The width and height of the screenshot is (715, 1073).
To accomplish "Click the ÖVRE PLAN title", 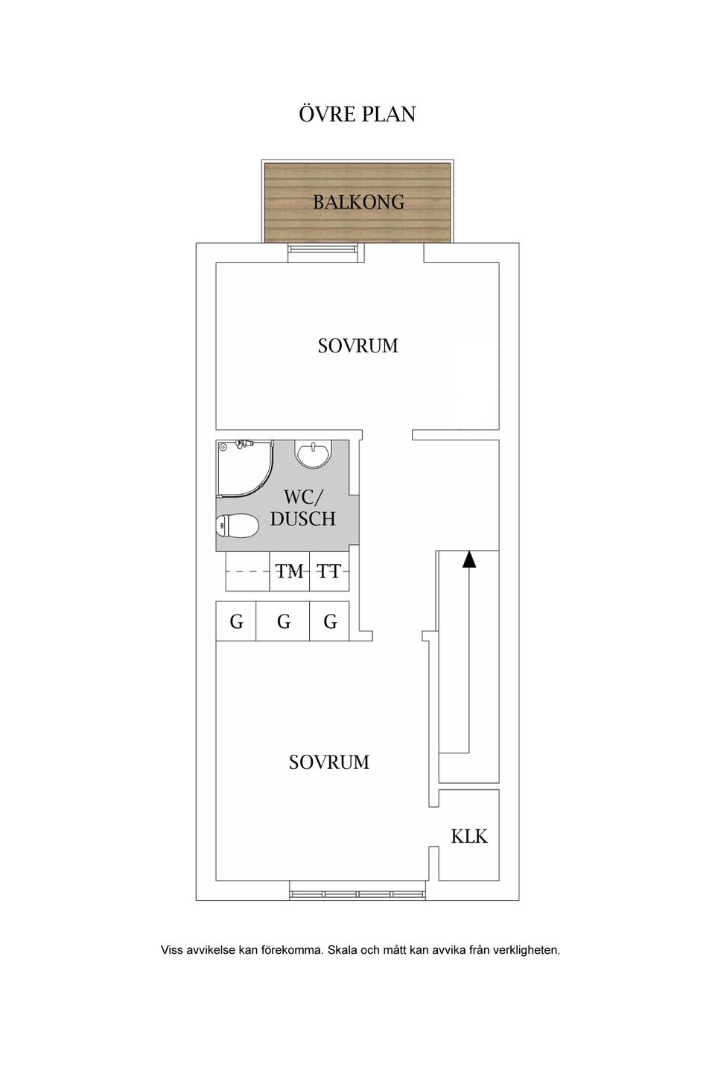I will (357, 115).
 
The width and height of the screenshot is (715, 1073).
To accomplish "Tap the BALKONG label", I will (358, 202).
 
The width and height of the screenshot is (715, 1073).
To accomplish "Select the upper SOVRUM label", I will (357, 346).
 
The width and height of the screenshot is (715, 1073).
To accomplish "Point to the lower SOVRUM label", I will (329, 762).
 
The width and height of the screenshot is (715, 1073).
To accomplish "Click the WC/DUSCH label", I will (302, 508).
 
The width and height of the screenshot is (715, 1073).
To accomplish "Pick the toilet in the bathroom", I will (238, 527).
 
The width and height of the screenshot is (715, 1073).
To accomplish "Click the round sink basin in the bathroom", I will (314, 454).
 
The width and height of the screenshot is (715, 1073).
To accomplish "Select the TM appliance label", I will (290, 572).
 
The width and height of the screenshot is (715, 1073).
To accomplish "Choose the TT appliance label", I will (328, 572).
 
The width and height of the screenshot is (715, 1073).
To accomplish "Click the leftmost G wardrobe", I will (236, 621).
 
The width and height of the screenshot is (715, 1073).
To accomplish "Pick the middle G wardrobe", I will (283, 621).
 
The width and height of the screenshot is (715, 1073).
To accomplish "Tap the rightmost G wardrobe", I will (330, 621).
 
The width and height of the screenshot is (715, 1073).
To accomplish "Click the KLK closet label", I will (469, 836).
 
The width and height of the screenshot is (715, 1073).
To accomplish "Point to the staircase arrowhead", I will (468, 559).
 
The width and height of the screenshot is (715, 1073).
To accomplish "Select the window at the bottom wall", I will (357, 893).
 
